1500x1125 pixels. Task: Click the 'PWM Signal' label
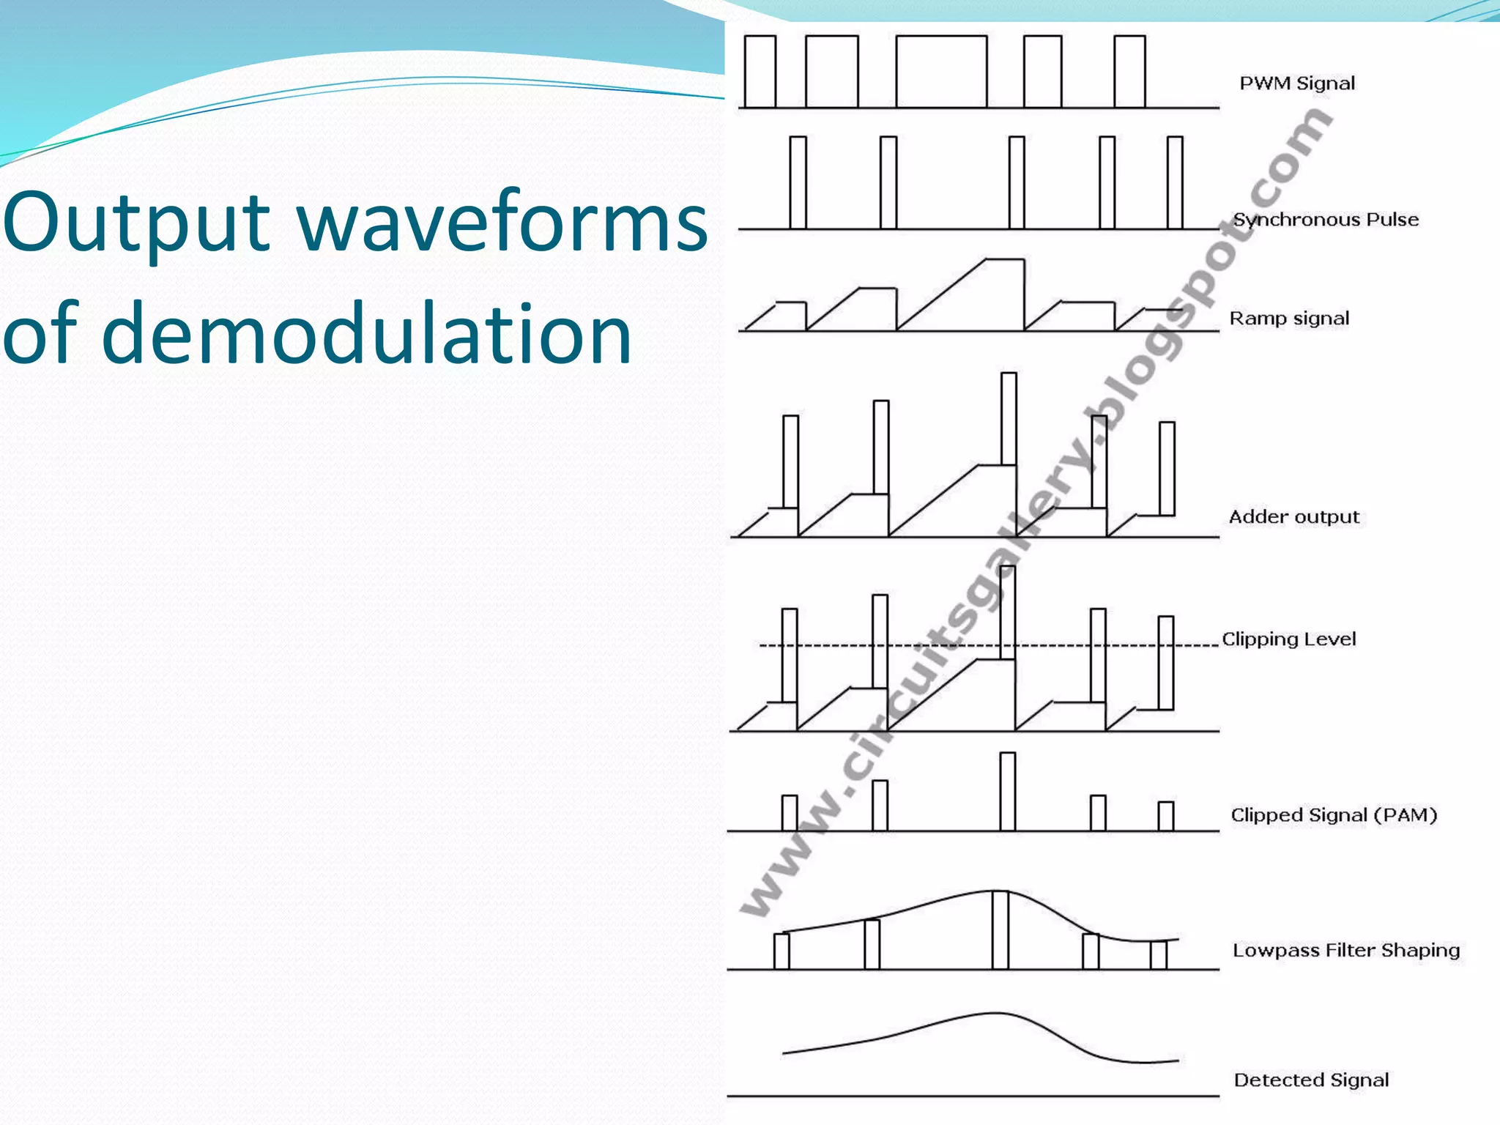click(1296, 83)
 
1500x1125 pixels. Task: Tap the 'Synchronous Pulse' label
click(1326, 219)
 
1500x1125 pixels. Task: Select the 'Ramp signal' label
click(1289, 318)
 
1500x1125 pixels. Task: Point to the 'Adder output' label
click(1293, 516)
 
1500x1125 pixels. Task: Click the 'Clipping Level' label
click(1289, 639)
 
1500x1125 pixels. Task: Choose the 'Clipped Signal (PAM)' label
click(1334, 814)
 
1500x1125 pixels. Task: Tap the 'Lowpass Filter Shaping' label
click(1346, 950)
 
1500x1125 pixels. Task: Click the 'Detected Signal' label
click(1311, 1080)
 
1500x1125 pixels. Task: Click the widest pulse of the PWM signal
click(941, 72)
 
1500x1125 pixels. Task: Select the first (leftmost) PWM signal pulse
click(760, 72)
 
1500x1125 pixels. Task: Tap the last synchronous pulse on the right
click(1175, 183)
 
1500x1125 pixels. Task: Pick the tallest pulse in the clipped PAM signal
click(1008, 791)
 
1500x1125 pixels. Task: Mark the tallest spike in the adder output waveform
click(1009, 418)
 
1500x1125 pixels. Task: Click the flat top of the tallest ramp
click(1004, 259)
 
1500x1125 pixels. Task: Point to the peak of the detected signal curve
click(996, 1014)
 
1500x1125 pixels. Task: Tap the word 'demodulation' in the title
click(366, 333)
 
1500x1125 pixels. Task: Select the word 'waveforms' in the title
click(504, 222)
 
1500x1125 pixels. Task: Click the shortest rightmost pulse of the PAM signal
click(1165, 816)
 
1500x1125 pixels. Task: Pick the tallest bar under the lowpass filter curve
click(1000, 929)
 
